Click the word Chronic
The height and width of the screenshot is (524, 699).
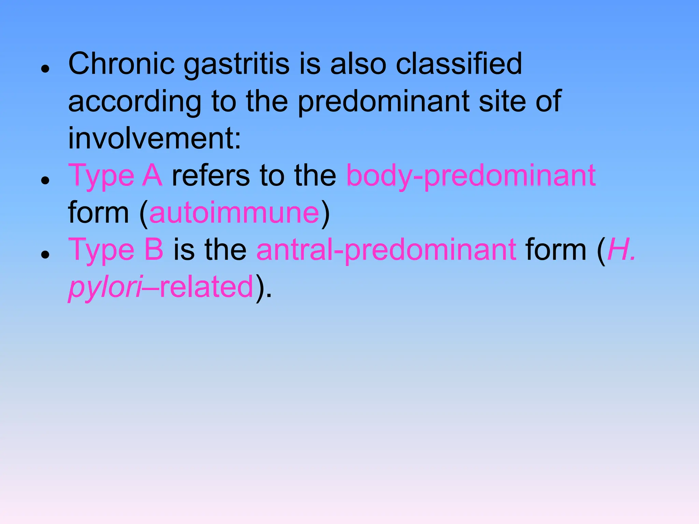[x=122, y=64]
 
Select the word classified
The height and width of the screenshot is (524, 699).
[x=459, y=64]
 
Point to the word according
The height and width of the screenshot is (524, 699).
[x=135, y=102]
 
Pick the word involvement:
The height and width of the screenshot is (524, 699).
[x=155, y=138]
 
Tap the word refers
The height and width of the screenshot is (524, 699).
[x=211, y=176]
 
